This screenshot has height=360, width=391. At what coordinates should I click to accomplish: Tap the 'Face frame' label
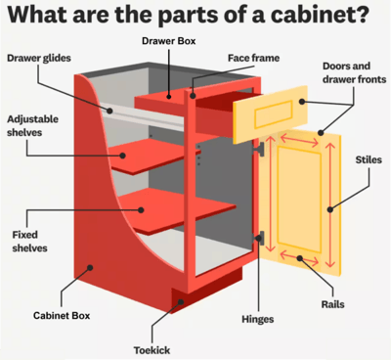tap(253, 58)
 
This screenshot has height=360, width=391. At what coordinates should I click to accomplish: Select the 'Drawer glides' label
tap(38, 59)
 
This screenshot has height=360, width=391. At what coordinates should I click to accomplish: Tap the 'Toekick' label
tap(153, 349)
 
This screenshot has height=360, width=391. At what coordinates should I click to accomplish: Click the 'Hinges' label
tap(256, 319)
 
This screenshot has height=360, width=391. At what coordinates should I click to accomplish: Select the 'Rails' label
tap(332, 304)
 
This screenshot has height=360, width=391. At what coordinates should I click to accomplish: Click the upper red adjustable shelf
tap(147, 154)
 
